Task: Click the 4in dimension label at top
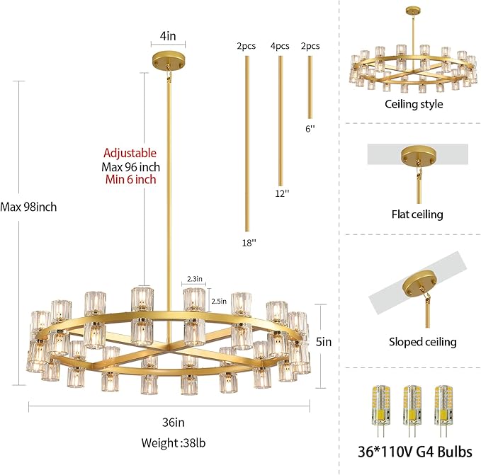click(x=168, y=34)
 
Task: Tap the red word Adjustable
click(x=130, y=153)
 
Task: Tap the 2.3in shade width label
click(x=196, y=280)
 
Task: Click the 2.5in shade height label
click(x=219, y=301)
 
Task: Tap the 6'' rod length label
click(x=310, y=129)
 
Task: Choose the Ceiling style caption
click(x=414, y=104)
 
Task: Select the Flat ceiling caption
click(x=417, y=214)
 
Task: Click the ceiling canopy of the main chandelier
click(x=168, y=59)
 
